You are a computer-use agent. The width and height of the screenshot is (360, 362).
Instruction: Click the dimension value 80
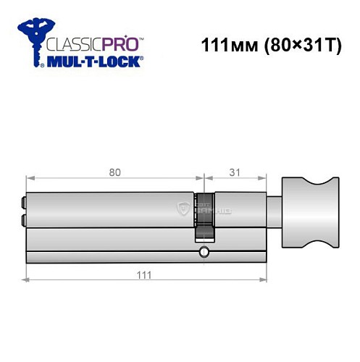pos(114,172)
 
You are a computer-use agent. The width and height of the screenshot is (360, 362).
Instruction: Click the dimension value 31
pos(232,172)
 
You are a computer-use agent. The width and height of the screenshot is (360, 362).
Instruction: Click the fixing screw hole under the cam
pos(204,252)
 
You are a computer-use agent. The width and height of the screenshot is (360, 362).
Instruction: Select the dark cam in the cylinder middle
pos(204,216)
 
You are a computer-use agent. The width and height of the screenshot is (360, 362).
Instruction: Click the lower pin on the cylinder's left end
pos(25,219)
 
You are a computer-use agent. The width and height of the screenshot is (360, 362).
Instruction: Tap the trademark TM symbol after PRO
pos(141,36)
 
